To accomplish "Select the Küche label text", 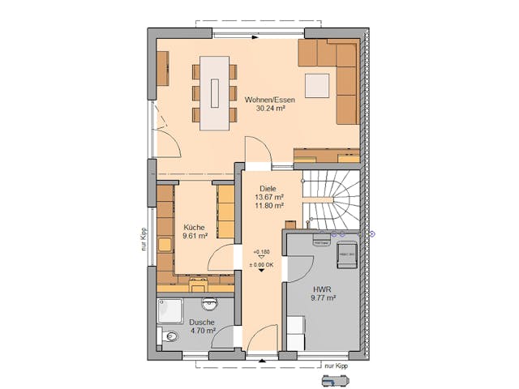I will click(x=194, y=228).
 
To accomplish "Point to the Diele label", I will click(x=268, y=187).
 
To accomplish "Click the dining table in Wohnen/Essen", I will click(x=217, y=92).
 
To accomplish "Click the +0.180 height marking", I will click(x=261, y=251).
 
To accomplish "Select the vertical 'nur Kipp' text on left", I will click(x=143, y=240).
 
